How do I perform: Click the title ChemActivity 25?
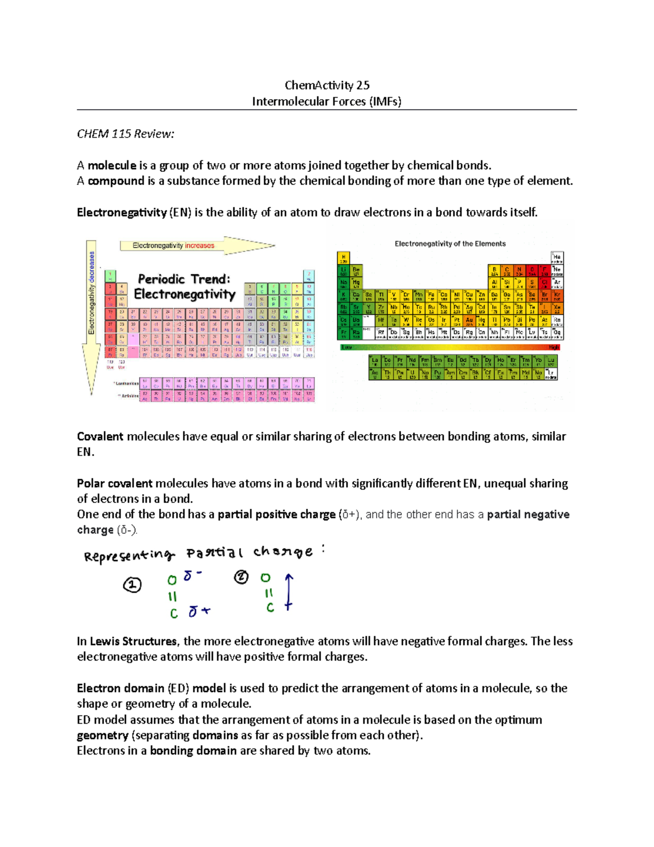[x=327, y=85]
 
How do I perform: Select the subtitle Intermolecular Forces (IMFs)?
[x=326, y=101]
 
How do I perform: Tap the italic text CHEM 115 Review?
[x=125, y=134]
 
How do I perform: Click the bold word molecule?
[x=112, y=166]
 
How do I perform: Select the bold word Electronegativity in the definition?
[x=122, y=213]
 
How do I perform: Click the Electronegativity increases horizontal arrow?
[x=196, y=246]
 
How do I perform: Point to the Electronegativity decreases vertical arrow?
[x=92, y=316]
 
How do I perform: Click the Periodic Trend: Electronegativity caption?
[x=184, y=287]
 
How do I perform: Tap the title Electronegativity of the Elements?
[x=450, y=244]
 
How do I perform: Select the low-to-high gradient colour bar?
[x=450, y=347]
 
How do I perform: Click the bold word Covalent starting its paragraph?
[x=100, y=437]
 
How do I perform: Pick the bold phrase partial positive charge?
[x=276, y=515]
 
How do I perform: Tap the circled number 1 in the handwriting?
[x=132, y=585]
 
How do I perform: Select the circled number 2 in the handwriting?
[x=241, y=577]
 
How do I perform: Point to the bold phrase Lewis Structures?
[x=133, y=642]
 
